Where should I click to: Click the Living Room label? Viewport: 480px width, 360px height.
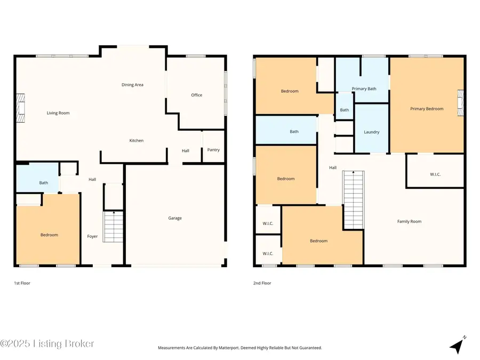(x=58, y=113)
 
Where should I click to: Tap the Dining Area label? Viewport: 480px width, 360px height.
(x=132, y=85)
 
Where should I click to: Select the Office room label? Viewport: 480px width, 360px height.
(x=197, y=95)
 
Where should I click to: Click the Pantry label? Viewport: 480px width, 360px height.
(x=213, y=150)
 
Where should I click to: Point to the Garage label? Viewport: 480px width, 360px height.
(x=175, y=218)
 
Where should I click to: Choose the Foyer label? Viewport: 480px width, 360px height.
(x=92, y=236)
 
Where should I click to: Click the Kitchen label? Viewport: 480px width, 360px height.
(x=137, y=141)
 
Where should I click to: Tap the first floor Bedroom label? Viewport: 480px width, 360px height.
(x=49, y=235)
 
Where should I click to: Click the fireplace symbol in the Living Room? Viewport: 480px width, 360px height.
(x=20, y=108)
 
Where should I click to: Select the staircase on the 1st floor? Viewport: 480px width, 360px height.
(x=113, y=227)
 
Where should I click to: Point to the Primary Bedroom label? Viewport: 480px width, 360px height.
(x=427, y=109)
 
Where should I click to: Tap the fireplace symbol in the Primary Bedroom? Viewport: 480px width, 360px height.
(x=460, y=103)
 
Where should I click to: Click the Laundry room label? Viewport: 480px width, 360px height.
(x=371, y=132)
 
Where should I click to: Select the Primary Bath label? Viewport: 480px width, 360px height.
(x=364, y=89)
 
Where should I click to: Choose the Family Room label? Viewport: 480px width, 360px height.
(x=409, y=221)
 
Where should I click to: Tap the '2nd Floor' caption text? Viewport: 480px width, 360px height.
(x=262, y=283)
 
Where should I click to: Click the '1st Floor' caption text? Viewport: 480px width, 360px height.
(x=22, y=283)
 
